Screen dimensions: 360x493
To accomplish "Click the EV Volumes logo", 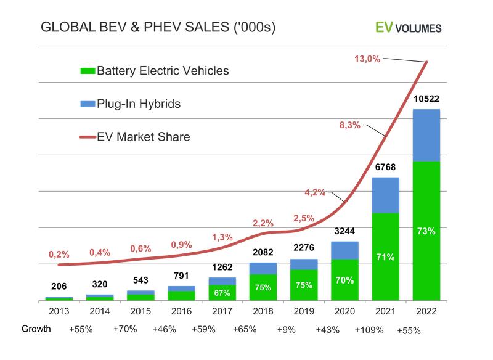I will pyautogui.click(x=409, y=27).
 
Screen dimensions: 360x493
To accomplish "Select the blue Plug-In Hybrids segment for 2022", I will pyautogui.click(x=426, y=134).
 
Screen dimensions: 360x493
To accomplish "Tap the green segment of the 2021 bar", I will pyautogui.click(x=386, y=256).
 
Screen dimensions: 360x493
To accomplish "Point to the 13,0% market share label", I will pyautogui.click(x=367, y=59).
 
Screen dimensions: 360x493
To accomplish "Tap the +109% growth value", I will pyautogui.click(x=370, y=329).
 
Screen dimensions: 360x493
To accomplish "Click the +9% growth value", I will pyautogui.click(x=287, y=329).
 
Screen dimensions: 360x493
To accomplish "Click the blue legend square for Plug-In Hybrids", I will pyautogui.click(x=87, y=104).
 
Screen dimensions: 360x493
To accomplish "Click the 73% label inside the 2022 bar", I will pyautogui.click(x=426, y=231).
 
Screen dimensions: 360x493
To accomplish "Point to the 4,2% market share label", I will pyautogui.click(x=315, y=192).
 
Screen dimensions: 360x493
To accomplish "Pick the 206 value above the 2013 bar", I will pyautogui.click(x=59, y=286).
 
